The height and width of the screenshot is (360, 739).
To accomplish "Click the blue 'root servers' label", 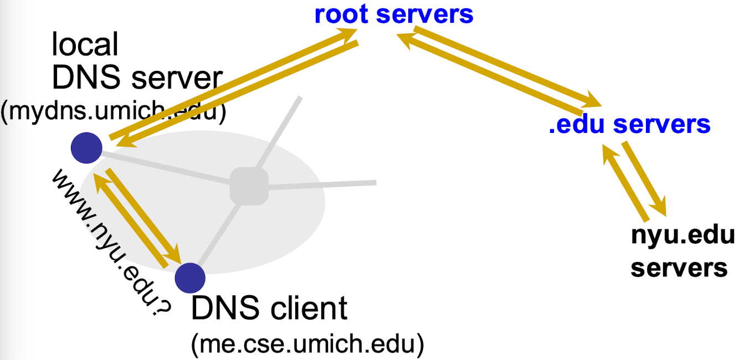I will tap(393, 14).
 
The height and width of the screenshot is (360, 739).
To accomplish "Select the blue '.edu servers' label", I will tap(629, 124).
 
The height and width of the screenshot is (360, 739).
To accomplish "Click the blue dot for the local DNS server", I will tap(86, 148).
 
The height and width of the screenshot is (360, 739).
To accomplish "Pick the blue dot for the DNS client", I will tap(189, 277).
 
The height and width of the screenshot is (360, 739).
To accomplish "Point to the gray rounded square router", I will tap(249, 186).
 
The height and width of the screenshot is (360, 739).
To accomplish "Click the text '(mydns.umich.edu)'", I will tap(114, 112).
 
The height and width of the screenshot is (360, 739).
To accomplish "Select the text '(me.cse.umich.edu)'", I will tap(307, 345).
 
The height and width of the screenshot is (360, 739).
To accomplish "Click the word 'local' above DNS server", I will tap(85, 44).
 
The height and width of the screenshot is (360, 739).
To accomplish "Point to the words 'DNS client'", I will tap(269, 308).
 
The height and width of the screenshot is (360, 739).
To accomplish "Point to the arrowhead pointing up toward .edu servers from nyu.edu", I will tap(608, 152).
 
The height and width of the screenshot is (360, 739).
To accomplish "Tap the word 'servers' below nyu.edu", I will tap(679, 268).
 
